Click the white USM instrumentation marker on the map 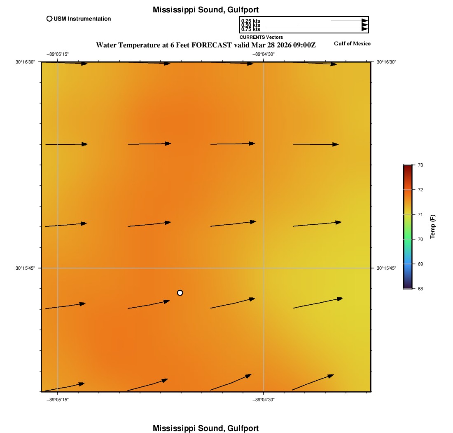coord(180,293)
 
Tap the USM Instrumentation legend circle coord(49,19)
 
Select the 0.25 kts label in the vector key coord(250,21)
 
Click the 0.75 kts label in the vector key coord(250,29)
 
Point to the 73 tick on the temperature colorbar coord(420,165)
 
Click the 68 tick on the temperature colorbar coord(420,289)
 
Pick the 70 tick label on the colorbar coord(420,239)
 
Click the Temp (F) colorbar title coord(433,227)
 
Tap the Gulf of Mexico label coord(352,44)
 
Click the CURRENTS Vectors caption coord(261,37)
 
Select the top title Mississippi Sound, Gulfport coord(205,9)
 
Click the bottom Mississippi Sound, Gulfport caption coord(205,428)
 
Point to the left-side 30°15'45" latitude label coord(26,268)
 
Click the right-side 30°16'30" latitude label coord(386,62)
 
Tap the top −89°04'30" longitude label coord(264,54)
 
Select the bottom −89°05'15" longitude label coord(57,400)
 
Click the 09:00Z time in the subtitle coord(304,45)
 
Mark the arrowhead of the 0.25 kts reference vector coord(364,21)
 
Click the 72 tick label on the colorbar coord(420,190)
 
